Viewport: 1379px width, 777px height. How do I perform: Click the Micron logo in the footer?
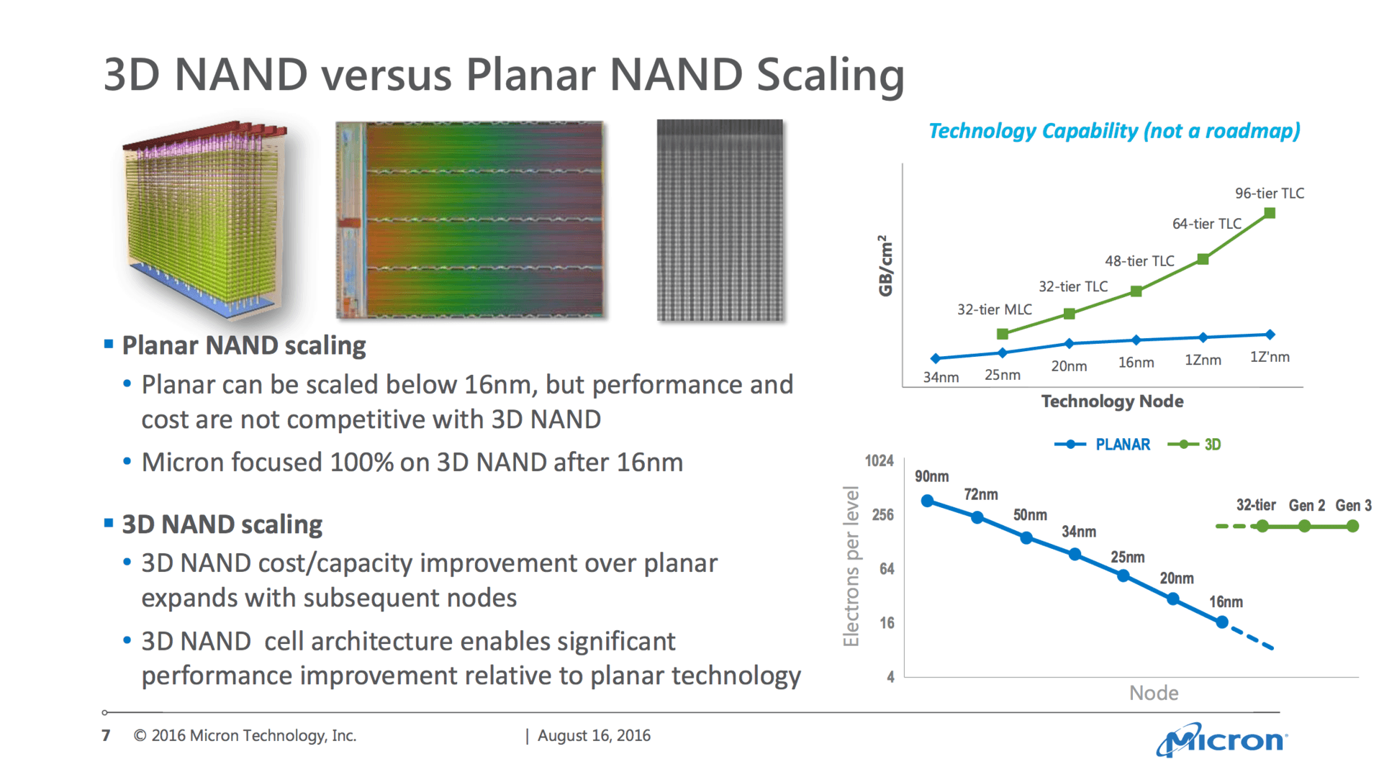[1222, 740]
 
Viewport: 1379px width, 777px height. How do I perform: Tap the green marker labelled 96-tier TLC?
[1270, 213]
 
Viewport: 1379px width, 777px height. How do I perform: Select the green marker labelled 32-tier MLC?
[1003, 334]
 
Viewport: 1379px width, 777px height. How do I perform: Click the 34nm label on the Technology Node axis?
[941, 377]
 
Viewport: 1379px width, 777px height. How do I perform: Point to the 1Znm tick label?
[1203, 360]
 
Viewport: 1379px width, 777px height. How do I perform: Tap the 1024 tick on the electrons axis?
[879, 461]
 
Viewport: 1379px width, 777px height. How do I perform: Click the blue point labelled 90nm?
[928, 501]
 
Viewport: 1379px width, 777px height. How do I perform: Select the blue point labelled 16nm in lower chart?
[1221, 622]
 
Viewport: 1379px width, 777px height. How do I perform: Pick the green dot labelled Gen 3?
[1352, 527]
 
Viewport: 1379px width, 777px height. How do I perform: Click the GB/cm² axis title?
[886, 265]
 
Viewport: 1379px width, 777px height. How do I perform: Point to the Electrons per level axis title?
[851, 566]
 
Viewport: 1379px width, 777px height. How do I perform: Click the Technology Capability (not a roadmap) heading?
[1114, 131]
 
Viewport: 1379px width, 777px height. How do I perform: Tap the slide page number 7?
[107, 735]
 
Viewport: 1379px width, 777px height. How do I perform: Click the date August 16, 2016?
[594, 735]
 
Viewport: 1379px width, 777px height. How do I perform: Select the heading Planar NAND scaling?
[244, 345]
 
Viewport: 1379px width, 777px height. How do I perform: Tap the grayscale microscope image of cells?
[720, 219]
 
